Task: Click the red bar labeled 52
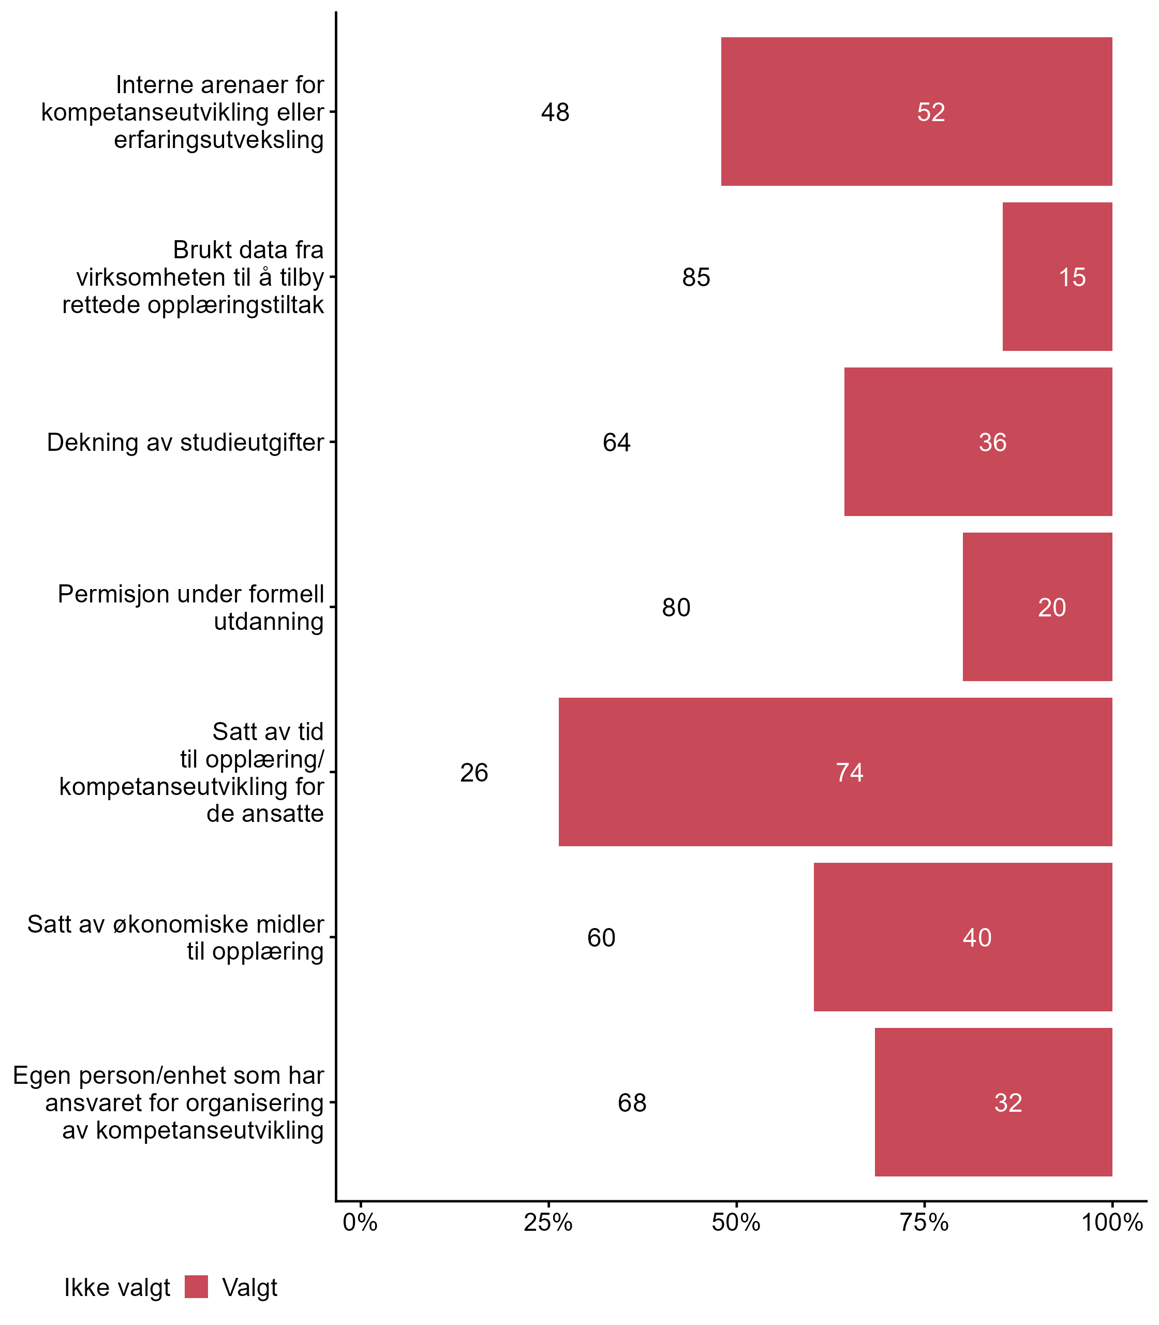[x=916, y=112]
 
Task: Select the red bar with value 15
[x=1057, y=277]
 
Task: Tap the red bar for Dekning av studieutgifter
[x=978, y=442]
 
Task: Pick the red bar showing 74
[x=835, y=772]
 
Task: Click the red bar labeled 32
[x=993, y=1102]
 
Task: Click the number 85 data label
[x=696, y=277]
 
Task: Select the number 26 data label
[x=474, y=772]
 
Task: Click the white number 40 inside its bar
[x=977, y=937]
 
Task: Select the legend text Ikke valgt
[x=117, y=1288]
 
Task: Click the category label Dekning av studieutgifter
[x=185, y=443]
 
